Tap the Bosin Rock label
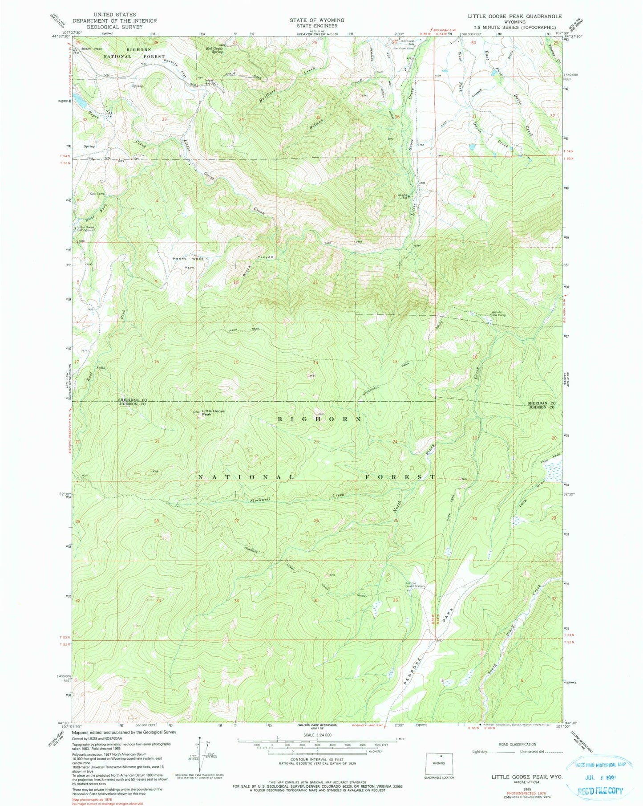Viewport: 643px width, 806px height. pos(92,49)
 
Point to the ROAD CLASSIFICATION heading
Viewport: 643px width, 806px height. pos(517,744)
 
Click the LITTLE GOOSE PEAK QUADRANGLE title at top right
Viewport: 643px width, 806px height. pos(514,16)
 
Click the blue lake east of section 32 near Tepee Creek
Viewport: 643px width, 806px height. pos(81,101)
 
